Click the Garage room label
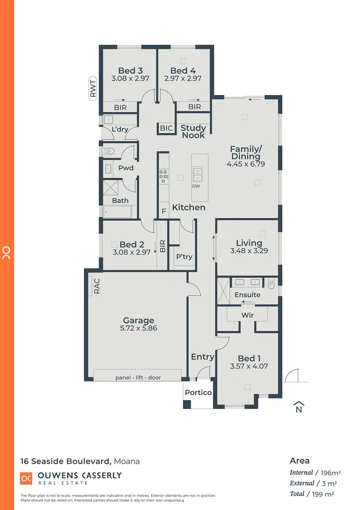point(138,321)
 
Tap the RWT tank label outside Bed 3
point(92,88)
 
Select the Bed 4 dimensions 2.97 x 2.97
point(183,78)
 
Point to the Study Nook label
point(193,131)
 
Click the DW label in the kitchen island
point(196,186)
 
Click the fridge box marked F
point(164,211)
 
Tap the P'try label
point(184,257)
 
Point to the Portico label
point(198,392)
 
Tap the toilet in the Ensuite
point(271,284)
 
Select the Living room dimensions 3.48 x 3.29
point(249,251)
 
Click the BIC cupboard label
point(166,128)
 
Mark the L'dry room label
point(119,129)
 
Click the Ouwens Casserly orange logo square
point(26,478)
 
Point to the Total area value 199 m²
point(325,493)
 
